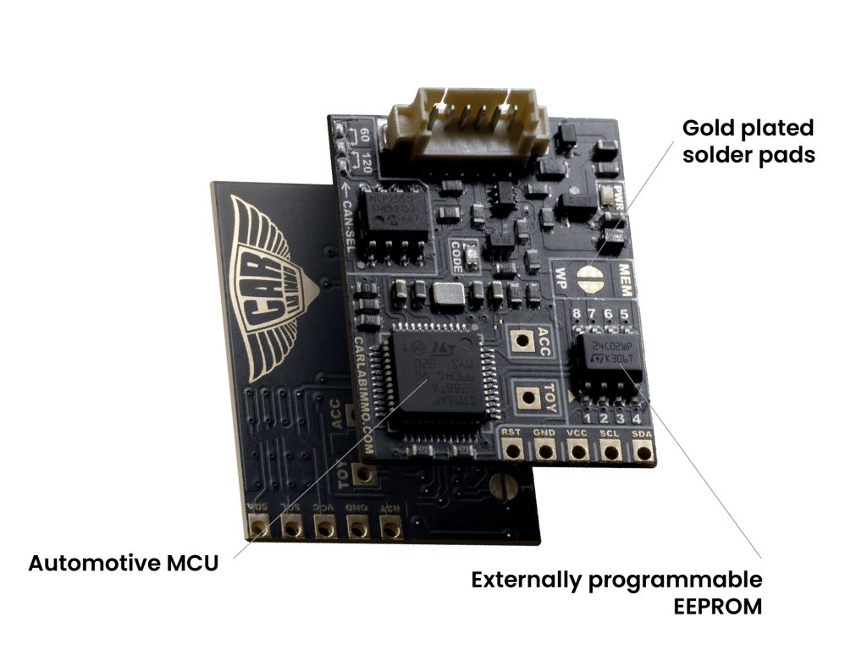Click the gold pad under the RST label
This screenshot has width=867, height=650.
pyautogui.click(x=511, y=450)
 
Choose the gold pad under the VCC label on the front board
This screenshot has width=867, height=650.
pyautogui.click(x=578, y=451)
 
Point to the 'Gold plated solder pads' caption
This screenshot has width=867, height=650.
pyautogui.click(x=748, y=141)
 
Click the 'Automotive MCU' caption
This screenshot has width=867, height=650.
pyautogui.click(x=123, y=563)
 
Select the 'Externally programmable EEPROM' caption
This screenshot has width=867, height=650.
pyautogui.click(x=617, y=592)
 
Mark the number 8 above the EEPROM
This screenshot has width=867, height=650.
pyautogui.click(x=577, y=317)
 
